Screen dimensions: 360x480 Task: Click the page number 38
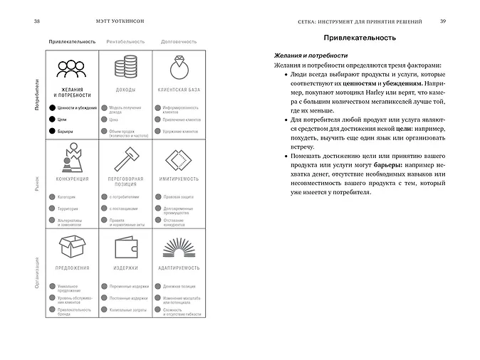pyautogui.click(x=37, y=21)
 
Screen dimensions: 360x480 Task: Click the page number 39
pyautogui.click(x=443, y=21)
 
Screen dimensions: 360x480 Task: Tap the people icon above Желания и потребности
pyautogui.click(x=72, y=70)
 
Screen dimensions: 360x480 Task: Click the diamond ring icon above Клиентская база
pyautogui.click(x=179, y=69)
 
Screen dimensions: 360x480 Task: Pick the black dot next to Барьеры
pyautogui.click(x=51, y=132)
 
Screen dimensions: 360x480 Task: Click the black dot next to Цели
pyautogui.click(x=51, y=120)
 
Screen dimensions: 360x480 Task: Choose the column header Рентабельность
pyautogui.click(x=125, y=42)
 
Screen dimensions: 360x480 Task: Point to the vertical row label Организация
pyautogui.click(x=37, y=274)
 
